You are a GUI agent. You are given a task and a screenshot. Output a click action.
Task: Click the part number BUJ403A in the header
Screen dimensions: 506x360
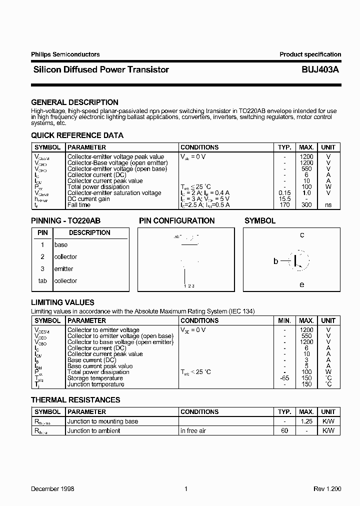pyautogui.click(x=320, y=70)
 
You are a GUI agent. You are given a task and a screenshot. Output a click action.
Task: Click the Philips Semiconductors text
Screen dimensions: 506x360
pyautogui.click(x=65, y=54)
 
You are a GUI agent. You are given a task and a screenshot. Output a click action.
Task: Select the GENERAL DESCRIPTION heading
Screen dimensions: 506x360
pyautogui.click(x=74, y=102)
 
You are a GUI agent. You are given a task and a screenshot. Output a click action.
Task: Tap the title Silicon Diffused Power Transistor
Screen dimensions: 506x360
pyautogui.click(x=100, y=70)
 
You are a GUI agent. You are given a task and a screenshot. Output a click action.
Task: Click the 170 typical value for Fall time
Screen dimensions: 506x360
pyautogui.click(x=284, y=205)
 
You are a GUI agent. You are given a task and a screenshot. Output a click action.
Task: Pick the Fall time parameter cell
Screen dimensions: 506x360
pyautogui.click(x=79, y=205)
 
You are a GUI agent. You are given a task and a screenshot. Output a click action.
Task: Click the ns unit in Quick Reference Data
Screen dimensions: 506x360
pyautogui.click(x=328, y=205)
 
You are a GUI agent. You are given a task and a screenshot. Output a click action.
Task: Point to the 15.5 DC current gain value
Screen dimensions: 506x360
pyautogui.click(x=284, y=199)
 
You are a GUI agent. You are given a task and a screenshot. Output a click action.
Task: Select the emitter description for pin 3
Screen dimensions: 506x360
pyautogui.click(x=63, y=269)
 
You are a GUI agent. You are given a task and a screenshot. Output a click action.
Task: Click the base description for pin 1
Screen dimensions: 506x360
pyautogui.click(x=60, y=245)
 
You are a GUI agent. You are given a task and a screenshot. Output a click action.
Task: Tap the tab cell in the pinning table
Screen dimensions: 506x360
pyautogui.click(x=42, y=281)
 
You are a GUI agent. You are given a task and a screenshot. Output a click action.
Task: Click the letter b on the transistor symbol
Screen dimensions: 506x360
pyautogui.click(x=275, y=261)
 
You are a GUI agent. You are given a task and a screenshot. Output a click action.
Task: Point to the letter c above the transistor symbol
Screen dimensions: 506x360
pyautogui.click(x=302, y=235)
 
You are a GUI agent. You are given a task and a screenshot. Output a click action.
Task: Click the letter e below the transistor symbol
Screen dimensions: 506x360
pyautogui.click(x=302, y=284)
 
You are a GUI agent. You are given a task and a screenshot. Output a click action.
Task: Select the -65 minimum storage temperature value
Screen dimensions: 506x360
pyautogui.click(x=284, y=378)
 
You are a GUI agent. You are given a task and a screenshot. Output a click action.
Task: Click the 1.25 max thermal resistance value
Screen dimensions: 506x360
pyautogui.click(x=306, y=421)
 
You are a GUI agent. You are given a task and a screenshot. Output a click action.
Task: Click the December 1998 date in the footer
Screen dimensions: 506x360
pyautogui.click(x=52, y=488)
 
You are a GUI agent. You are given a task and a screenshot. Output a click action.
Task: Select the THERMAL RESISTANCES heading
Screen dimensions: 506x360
pyautogui.click(x=75, y=400)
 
